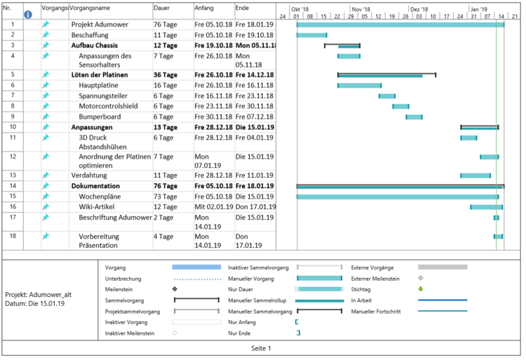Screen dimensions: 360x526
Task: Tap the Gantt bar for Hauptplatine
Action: (359, 86)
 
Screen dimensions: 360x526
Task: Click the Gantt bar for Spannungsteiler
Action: (386, 96)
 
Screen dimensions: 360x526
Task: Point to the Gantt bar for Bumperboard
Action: (414, 116)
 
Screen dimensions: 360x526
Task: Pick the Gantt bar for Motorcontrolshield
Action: (400, 106)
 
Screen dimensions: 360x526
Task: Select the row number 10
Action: (13, 127)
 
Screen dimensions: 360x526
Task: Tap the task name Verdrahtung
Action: (90, 175)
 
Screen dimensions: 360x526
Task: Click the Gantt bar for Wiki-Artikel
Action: (486, 207)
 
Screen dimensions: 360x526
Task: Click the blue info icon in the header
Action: (28, 14)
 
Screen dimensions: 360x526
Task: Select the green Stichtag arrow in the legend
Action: (420, 288)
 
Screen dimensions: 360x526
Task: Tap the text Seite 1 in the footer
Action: (261, 348)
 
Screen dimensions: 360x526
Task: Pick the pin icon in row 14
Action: (46, 186)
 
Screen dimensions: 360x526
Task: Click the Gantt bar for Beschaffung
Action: (311, 34)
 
